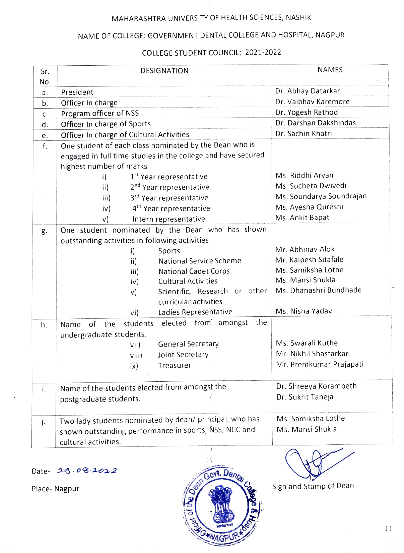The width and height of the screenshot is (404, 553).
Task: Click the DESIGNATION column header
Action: point(164,71)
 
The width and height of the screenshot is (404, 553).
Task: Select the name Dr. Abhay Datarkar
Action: point(307,91)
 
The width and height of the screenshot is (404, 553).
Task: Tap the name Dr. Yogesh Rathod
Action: point(306,112)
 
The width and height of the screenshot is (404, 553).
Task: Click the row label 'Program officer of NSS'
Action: point(99,113)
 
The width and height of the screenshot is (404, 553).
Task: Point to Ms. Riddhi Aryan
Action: point(304,175)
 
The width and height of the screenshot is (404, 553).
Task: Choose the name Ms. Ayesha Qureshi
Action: point(309,207)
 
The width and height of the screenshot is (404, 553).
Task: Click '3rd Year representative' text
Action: point(169,198)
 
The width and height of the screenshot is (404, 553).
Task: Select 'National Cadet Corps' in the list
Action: point(194,271)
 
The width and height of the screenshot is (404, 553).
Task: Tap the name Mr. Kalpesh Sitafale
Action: point(309,259)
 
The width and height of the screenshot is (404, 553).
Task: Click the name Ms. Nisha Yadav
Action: point(304,311)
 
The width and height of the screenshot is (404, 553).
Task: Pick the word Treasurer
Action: point(174,365)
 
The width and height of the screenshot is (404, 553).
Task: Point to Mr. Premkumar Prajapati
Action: point(320,364)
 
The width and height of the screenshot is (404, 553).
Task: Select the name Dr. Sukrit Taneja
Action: point(305,397)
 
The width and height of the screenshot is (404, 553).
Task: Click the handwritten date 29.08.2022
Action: point(86,471)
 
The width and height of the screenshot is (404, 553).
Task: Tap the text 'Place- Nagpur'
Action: point(55,489)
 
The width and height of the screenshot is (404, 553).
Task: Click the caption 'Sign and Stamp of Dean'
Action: point(313,486)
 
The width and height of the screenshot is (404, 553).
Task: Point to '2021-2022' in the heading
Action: point(263,52)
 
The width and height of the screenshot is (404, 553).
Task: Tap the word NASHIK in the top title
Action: point(298,17)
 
